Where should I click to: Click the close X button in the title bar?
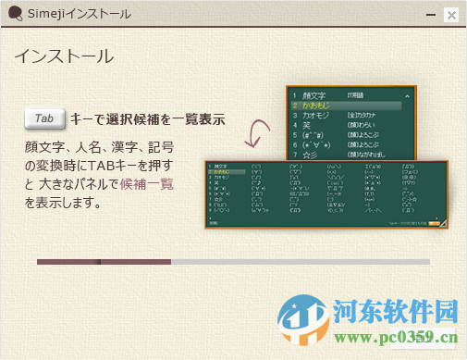coord(450,15)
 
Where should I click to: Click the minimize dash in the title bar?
coord(429,15)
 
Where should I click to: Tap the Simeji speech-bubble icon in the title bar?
coord(14,14)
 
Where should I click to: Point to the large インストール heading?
coord(63,56)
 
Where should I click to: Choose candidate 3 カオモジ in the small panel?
coord(316,115)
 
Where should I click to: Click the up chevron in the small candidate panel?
coord(407,95)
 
